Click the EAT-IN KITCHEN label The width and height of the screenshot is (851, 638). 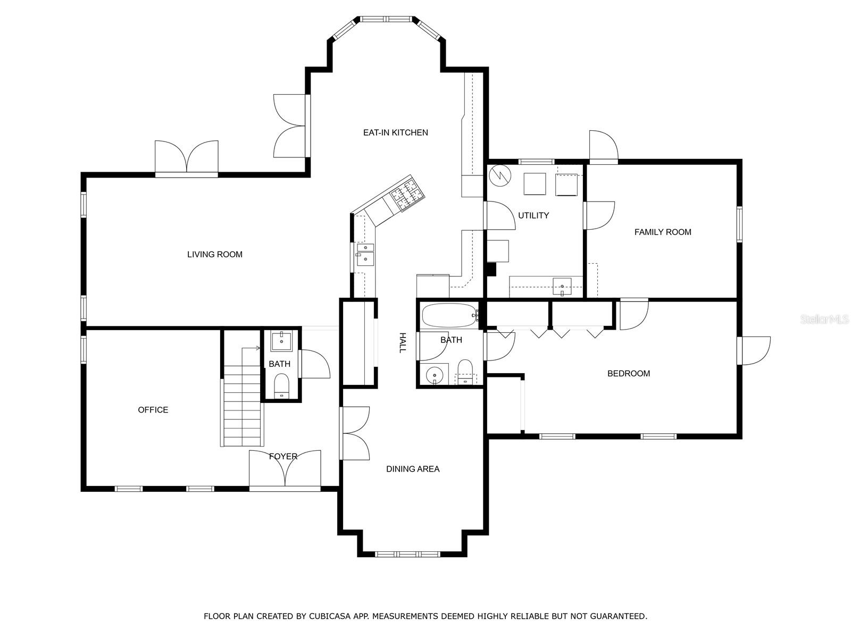pyautogui.click(x=396, y=132)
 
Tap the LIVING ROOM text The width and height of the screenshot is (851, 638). pyautogui.click(x=215, y=255)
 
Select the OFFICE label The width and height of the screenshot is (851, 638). pyautogui.click(x=153, y=410)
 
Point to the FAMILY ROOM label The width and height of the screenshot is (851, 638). pyautogui.click(x=663, y=232)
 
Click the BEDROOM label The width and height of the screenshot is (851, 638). pyautogui.click(x=629, y=373)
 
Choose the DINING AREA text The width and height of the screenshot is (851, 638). pyautogui.click(x=413, y=469)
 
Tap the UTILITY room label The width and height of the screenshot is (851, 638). pyautogui.click(x=533, y=215)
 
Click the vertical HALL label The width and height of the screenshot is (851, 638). pyautogui.click(x=403, y=342)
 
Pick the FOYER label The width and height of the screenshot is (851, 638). pyautogui.click(x=283, y=456)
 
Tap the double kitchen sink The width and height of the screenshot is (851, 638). pyautogui.click(x=365, y=255)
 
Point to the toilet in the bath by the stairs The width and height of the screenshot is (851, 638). pyautogui.click(x=281, y=385)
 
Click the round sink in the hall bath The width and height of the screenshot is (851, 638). pyautogui.click(x=435, y=375)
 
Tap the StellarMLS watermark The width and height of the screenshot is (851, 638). pyautogui.click(x=823, y=319)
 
